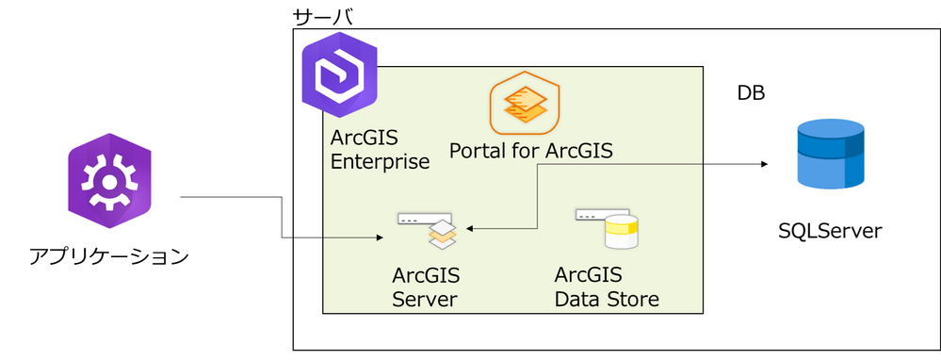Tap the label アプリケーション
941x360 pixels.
click(109, 255)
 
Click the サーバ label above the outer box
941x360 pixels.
click(323, 17)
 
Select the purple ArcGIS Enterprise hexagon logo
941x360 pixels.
click(338, 74)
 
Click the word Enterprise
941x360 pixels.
click(380, 161)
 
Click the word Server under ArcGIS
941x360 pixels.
click(424, 300)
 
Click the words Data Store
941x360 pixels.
click(606, 300)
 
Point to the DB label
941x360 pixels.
click(750, 94)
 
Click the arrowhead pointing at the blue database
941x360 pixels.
click(763, 163)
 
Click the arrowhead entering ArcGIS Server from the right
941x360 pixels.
click(470, 228)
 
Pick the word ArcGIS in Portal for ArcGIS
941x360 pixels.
click(583, 150)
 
